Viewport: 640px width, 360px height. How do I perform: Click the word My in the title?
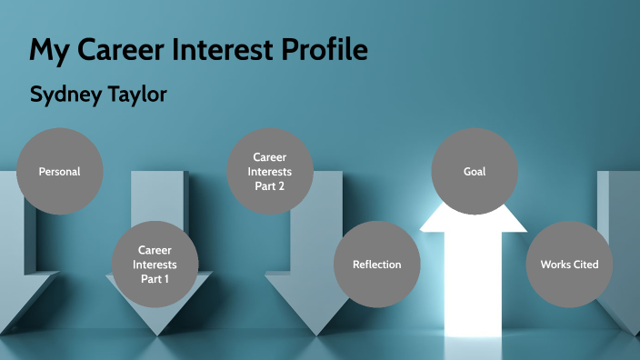point(45,49)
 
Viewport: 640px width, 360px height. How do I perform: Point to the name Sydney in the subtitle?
point(64,95)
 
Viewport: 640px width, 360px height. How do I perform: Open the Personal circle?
point(59,172)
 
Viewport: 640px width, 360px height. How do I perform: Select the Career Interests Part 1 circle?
point(155,264)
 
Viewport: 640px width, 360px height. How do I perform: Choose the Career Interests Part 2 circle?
point(269,171)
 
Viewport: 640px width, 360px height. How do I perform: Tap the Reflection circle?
point(376,265)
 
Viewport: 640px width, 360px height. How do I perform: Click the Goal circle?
point(474,172)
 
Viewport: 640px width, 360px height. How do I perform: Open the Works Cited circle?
point(569,265)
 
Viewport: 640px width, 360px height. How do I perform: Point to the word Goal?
point(474,172)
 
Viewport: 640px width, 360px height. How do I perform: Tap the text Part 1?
point(155,279)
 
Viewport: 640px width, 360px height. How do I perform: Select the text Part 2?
point(269,185)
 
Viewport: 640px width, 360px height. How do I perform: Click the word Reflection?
point(376,265)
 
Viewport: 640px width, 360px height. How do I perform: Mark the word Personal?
point(59,172)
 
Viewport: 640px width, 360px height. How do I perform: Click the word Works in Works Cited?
point(555,265)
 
